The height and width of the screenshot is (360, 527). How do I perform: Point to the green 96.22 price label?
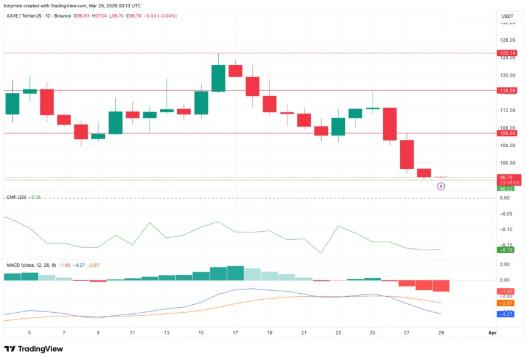click(506, 188)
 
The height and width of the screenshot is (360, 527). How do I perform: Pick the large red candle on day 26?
click(390, 124)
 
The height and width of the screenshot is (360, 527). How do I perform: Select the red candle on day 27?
click(407, 155)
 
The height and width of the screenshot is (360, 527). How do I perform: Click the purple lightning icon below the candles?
click(441, 186)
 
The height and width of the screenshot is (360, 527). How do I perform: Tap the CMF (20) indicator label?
click(15, 197)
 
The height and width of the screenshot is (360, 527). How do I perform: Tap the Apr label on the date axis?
click(491, 332)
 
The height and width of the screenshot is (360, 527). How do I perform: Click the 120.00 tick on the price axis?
click(507, 75)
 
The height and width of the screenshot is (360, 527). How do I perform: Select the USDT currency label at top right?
click(507, 17)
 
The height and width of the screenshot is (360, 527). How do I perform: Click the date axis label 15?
click(201, 332)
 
